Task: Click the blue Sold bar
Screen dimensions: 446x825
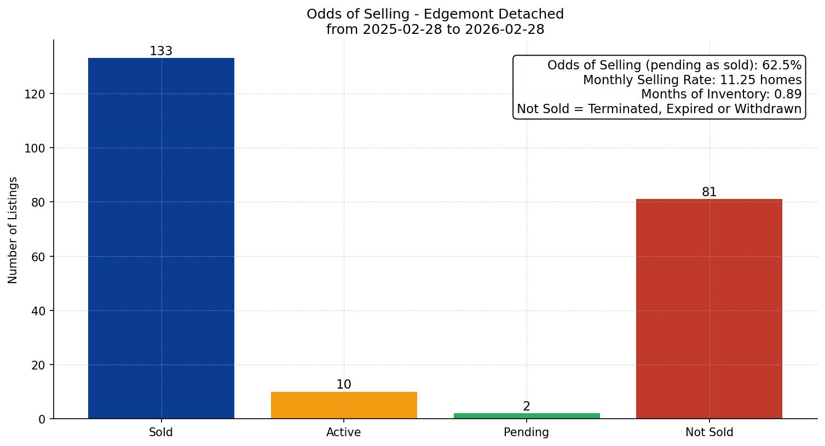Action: [x=161, y=238]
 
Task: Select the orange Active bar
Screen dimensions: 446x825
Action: [x=344, y=405]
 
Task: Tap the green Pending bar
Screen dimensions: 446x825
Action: [x=527, y=416]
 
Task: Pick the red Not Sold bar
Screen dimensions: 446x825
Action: [x=709, y=309]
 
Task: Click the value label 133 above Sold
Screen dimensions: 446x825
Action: [x=161, y=51]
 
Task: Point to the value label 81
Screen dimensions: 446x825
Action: [x=709, y=192]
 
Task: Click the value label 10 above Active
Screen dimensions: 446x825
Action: [x=344, y=385]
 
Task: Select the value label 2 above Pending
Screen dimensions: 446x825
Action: [x=527, y=407]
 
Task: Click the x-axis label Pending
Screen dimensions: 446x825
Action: [x=526, y=433]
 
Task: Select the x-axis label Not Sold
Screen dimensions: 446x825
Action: [x=709, y=433]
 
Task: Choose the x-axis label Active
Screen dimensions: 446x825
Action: [x=343, y=433]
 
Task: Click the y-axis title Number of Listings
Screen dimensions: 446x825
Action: [x=13, y=230]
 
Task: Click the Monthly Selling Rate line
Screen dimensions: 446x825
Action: [x=692, y=80]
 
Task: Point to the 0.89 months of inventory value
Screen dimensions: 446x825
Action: [x=788, y=95]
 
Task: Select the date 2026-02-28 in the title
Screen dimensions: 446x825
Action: [x=504, y=30]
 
